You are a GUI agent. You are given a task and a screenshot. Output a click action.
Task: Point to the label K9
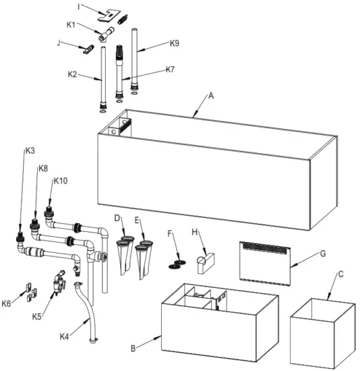coord(175,43)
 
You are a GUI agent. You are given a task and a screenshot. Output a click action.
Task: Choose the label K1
coord(71,25)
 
